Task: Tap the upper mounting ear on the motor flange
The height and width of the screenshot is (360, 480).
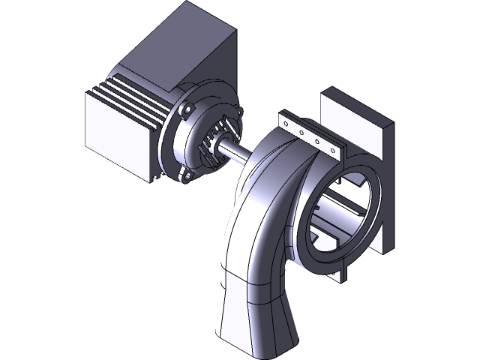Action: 188,109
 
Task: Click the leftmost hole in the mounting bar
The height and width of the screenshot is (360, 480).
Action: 289,124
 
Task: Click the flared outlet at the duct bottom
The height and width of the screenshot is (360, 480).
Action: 255,322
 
